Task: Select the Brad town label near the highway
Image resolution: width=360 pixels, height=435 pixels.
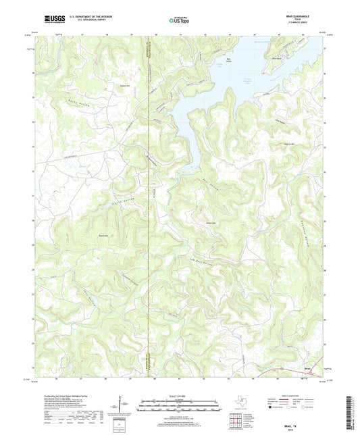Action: point(308,368)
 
